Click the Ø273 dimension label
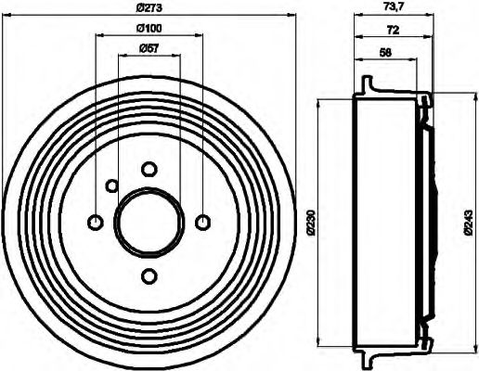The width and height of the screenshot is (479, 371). (x=149, y=9)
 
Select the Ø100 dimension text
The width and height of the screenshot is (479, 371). (x=149, y=29)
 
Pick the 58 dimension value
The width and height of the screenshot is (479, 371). (x=385, y=53)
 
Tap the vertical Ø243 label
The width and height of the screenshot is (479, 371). (x=469, y=222)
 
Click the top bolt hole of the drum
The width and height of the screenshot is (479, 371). (x=149, y=169)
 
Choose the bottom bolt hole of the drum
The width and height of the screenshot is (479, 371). (x=149, y=275)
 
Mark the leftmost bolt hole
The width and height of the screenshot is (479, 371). (x=95, y=222)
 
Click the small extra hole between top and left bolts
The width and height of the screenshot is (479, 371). (x=111, y=186)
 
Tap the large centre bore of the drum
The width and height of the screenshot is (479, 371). (x=149, y=222)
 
